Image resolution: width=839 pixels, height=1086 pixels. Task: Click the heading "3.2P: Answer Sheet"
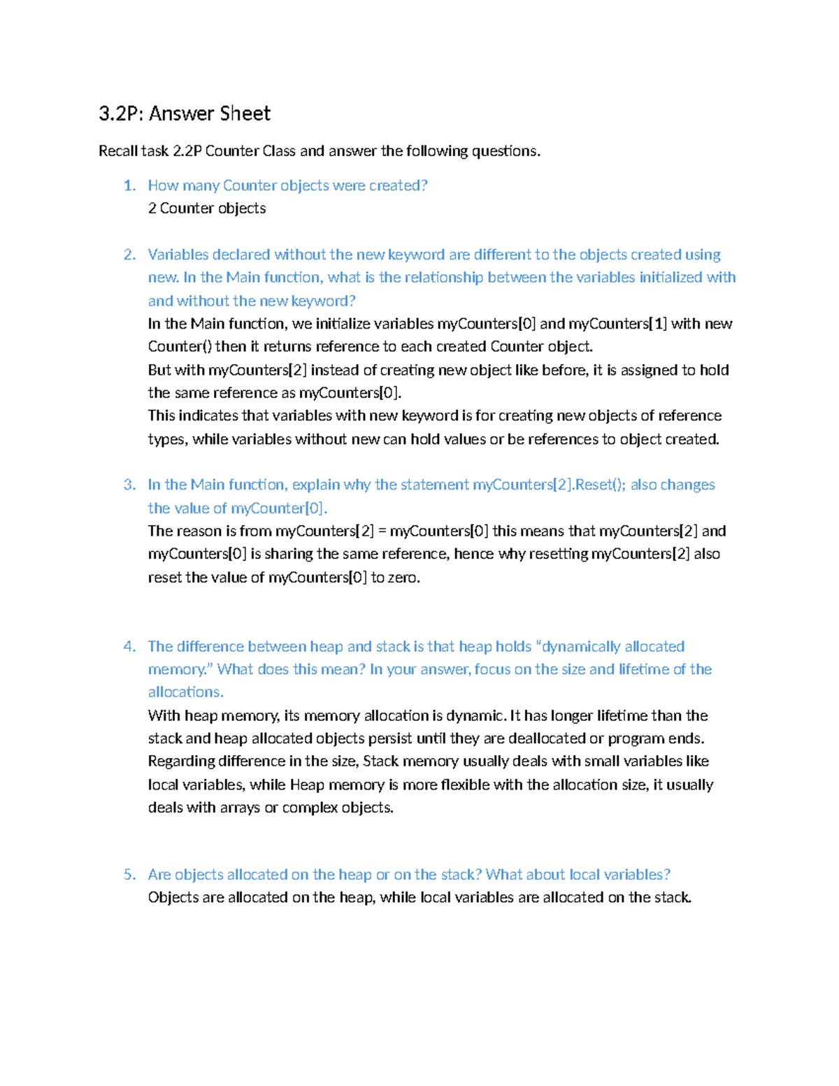coord(185,113)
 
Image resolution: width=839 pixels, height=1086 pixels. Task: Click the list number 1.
coord(129,185)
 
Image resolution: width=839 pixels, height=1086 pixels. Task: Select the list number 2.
coord(129,255)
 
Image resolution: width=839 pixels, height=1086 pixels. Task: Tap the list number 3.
coord(129,485)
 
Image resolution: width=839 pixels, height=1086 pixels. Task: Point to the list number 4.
coord(129,646)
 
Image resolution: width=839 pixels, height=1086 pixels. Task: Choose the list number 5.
coord(129,874)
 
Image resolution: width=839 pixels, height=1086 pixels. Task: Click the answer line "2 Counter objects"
coord(207,208)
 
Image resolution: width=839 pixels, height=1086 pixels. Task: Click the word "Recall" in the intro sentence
coord(118,151)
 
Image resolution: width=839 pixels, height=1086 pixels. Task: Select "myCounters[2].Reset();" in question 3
coord(549,485)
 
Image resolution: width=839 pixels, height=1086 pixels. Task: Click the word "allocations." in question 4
coord(186,692)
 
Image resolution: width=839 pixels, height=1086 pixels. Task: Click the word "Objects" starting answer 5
coord(173,897)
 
